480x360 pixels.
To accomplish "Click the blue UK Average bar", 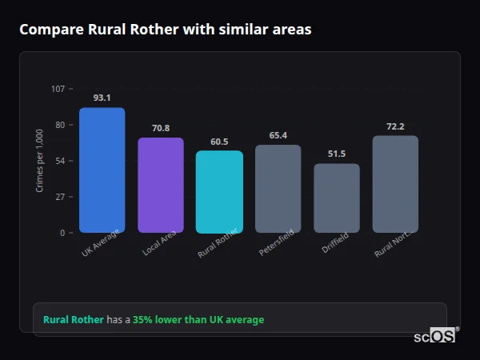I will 102,170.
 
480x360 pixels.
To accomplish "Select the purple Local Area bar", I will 161,185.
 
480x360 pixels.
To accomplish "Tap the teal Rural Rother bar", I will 219,192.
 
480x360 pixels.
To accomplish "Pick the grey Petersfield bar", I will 278,189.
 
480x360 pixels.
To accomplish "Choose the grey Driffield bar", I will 337,198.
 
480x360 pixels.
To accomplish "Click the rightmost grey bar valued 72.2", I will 395,184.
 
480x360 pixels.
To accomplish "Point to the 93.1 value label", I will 102,98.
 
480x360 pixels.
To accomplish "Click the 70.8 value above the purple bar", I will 161,128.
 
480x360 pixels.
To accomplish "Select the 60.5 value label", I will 219,142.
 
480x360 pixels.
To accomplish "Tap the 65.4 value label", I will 278,135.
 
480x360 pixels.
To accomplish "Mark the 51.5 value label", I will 337,154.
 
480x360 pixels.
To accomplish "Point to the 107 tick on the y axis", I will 58,88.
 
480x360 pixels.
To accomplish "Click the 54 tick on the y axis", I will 61,161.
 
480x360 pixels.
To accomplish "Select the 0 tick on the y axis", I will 62,233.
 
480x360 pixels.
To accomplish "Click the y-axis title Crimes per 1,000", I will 40,161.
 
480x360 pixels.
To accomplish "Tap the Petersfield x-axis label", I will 277,242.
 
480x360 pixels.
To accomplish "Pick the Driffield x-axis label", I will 336,243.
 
